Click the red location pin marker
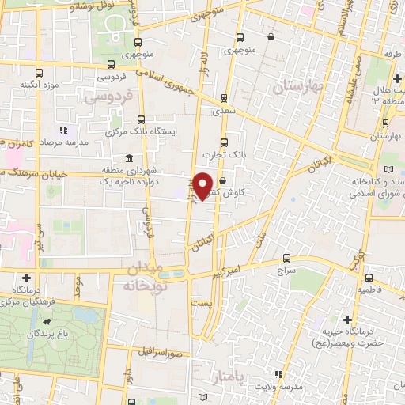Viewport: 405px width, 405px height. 203,184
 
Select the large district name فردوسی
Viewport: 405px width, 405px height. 105,99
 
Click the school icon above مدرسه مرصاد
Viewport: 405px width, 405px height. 63,129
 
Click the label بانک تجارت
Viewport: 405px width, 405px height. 224,156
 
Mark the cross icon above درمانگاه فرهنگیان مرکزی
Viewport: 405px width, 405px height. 28,278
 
